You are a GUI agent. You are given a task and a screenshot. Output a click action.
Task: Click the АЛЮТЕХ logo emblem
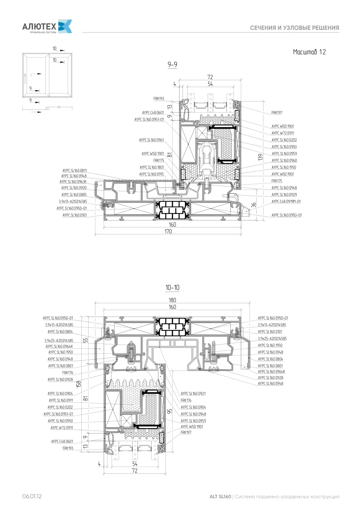pyautogui.click(x=65, y=26)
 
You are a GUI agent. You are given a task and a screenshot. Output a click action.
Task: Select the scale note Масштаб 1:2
pyautogui.click(x=309, y=52)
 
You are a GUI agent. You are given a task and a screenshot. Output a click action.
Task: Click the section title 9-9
pyautogui.click(x=172, y=64)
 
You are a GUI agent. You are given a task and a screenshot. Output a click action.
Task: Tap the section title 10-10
pyautogui.click(x=172, y=287)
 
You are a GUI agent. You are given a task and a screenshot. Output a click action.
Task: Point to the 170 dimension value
pyautogui.click(x=168, y=231)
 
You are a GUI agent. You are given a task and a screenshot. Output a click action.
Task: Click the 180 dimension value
pyautogui.click(x=172, y=300)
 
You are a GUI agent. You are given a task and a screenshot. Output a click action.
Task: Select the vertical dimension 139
pyautogui.click(x=260, y=157)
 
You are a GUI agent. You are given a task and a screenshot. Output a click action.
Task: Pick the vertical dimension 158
pyautogui.click(x=78, y=384)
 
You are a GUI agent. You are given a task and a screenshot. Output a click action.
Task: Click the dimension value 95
pyautogui.click(x=170, y=411)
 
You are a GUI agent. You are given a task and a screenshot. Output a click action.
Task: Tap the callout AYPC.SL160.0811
pyautogui.click(x=75, y=171)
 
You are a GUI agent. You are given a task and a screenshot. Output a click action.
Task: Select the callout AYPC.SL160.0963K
pyautogui.click(x=73, y=182)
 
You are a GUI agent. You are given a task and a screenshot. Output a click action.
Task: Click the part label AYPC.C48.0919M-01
pyautogui.click(x=286, y=201)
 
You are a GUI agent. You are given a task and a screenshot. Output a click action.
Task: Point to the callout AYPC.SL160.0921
pyautogui.click(x=193, y=393)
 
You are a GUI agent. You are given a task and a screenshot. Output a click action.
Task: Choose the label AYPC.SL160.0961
pyautogui.click(x=152, y=140)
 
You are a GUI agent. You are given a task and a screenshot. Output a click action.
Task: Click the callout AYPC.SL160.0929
pyautogui.click(x=284, y=195)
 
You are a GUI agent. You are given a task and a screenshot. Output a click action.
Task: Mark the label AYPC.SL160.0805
pyautogui.click(x=74, y=195)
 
